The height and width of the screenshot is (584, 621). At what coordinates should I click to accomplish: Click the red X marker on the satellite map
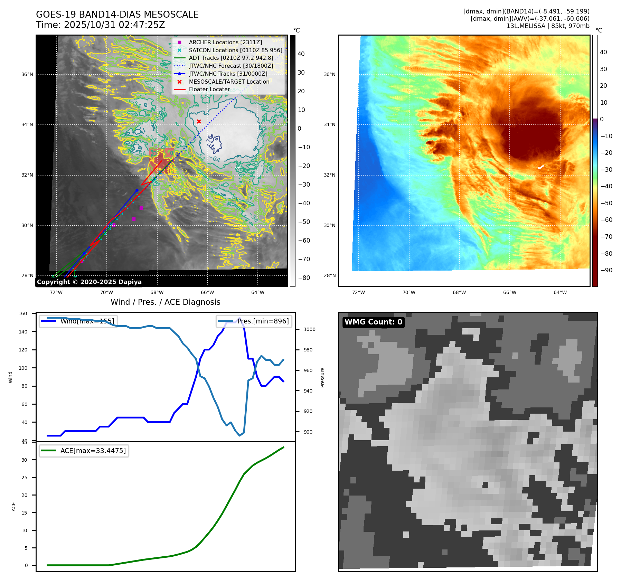[x=199, y=121]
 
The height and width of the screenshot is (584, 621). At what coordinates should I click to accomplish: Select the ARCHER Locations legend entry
[x=225, y=42]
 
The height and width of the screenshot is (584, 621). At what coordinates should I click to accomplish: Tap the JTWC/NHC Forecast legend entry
[x=231, y=66]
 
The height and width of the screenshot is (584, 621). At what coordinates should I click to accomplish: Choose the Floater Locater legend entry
[x=209, y=89]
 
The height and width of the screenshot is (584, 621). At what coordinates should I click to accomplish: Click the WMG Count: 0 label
[x=373, y=322]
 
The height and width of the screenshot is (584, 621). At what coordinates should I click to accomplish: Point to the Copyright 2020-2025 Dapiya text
[x=89, y=282]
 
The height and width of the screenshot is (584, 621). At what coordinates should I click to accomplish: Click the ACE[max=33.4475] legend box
[x=84, y=451]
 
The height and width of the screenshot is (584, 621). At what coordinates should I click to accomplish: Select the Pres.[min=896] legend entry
[x=254, y=321]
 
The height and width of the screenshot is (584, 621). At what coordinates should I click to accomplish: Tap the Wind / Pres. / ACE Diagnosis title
[x=165, y=302]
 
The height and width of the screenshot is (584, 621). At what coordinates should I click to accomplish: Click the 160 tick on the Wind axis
[x=23, y=313]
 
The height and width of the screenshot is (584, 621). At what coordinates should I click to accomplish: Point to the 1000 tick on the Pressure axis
[x=309, y=329]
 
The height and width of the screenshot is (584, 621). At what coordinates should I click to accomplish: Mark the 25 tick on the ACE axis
[x=24, y=478]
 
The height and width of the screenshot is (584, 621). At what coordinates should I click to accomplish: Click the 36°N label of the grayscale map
[x=27, y=74]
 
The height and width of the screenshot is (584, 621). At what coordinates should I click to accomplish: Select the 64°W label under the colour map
[x=560, y=292]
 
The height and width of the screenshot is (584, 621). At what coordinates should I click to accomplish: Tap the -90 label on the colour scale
[x=606, y=270]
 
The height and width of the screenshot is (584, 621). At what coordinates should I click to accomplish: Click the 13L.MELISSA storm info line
[x=548, y=26]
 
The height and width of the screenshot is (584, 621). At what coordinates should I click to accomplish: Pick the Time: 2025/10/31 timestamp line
[x=100, y=25]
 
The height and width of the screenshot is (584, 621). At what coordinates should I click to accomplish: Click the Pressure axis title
[x=322, y=377]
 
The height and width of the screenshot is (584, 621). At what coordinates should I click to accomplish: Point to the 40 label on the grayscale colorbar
[x=301, y=54]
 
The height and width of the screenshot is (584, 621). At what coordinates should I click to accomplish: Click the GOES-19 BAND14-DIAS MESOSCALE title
[x=117, y=15]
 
